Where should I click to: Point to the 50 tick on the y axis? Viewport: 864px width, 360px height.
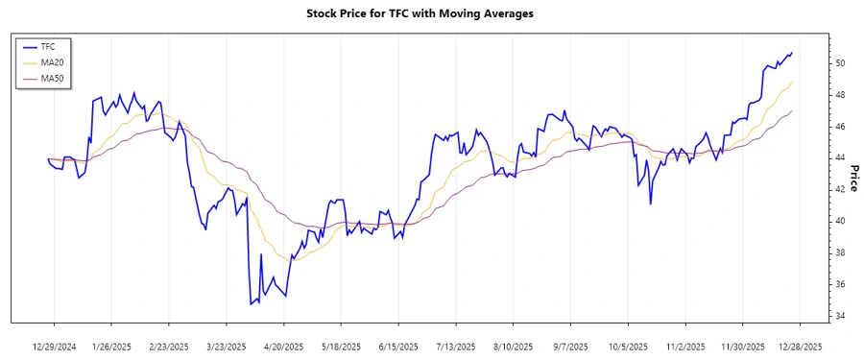click(839, 63)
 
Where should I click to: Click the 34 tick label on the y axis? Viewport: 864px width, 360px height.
click(839, 316)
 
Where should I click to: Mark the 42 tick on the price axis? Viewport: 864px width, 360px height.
click(839, 189)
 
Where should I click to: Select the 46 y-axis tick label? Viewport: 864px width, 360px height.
click(839, 127)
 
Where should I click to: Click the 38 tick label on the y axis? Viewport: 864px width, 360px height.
click(839, 252)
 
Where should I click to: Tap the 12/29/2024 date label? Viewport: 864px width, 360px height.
click(54, 345)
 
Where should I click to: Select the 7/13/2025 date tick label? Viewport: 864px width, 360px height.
click(455, 345)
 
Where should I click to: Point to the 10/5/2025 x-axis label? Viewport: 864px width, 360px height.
click(628, 345)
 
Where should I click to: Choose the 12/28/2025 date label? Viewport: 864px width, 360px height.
click(800, 345)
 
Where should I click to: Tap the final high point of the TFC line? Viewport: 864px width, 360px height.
click(792, 53)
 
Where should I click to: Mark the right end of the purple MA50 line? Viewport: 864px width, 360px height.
click(792, 110)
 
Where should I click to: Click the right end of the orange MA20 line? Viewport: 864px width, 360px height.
click(792, 83)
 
